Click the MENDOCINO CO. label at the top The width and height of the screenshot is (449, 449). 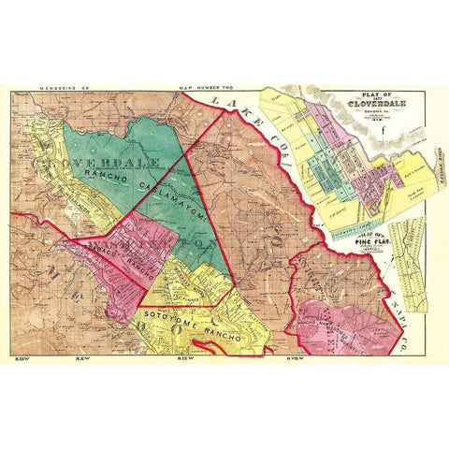coord(51,88)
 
